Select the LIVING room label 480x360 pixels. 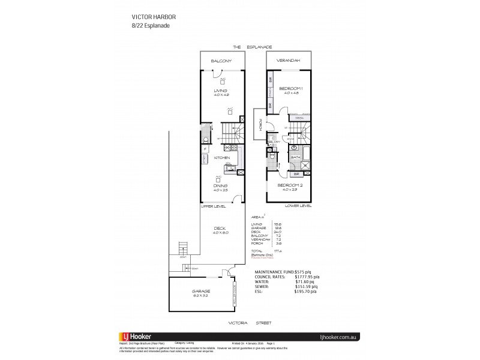[x=222, y=91]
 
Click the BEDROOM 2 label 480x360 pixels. [x=289, y=185]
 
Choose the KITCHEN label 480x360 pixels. [x=223, y=158]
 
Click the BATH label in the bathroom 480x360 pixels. [x=295, y=158]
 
